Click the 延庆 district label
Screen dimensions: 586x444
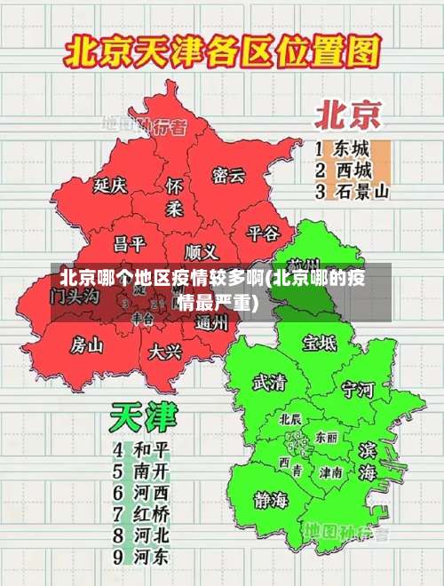[x=110, y=186]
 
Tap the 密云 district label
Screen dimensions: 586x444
[x=228, y=175]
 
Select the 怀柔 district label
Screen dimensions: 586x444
[x=174, y=196]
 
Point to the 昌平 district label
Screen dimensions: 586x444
[x=129, y=243]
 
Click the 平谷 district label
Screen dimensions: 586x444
[x=262, y=233]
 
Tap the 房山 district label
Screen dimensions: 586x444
[x=87, y=344]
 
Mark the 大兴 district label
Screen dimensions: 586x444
[x=165, y=351]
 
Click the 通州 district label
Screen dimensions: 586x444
[x=211, y=323]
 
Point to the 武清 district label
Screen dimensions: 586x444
[x=269, y=383]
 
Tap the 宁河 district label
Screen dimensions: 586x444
[x=359, y=389]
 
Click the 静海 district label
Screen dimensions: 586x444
[x=271, y=498]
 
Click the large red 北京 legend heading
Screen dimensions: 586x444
[x=347, y=115]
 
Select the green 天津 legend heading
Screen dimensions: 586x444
[x=143, y=417]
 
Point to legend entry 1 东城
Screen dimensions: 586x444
[x=343, y=147]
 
